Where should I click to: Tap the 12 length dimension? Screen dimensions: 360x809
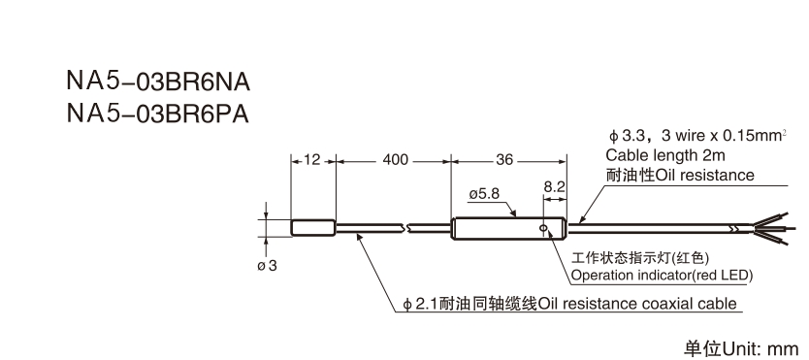click(x=311, y=159)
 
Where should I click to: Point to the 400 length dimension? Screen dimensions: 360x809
click(x=395, y=159)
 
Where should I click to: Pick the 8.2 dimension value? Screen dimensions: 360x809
click(x=554, y=184)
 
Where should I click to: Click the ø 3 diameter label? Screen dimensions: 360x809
click(x=267, y=266)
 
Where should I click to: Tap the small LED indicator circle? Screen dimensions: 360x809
click(x=546, y=230)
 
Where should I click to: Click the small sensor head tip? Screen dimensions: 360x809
click(x=313, y=228)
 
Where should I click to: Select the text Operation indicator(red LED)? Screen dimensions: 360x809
click(x=662, y=276)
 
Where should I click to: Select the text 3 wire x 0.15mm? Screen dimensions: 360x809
click(x=719, y=135)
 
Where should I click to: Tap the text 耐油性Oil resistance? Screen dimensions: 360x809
click(x=679, y=175)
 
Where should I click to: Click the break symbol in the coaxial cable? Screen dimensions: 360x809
click(x=411, y=229)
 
